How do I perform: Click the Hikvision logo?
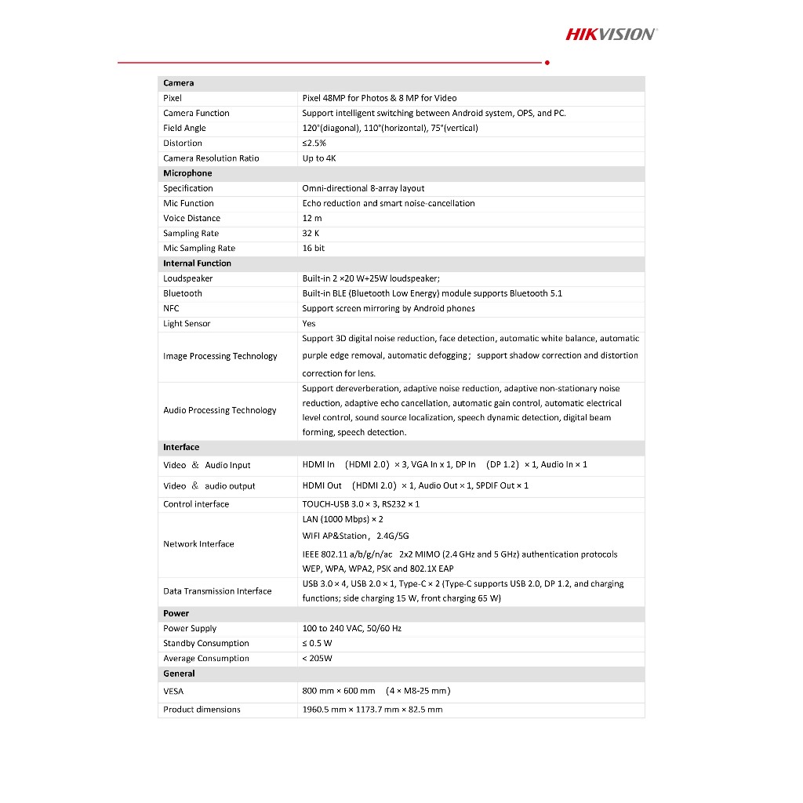pyautogui.click(x=611, y=34)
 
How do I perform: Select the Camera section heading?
pyautogui.click(x=179, y=83)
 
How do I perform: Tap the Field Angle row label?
pyautogui.click(x=184, y=128)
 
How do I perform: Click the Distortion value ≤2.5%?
pyautogui.click(x=314, y=144)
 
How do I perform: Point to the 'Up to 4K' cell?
pyautogui.click(x=319, y=158)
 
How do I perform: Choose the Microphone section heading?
pyautogui.click(x=187, y=173)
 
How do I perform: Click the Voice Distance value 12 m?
pyautogui.click(x=312, y=218)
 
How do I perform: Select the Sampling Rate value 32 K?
pyautogui.click(x=311, y=234)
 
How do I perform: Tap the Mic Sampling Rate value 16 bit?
pyautogui.click(x=314, y=249)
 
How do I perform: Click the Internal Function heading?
pyautogui.click(x=197, y=263)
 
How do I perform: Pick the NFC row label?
pyautogui.click(x=171, y=308)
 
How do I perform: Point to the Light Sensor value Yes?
pyautogui.click(x=309, y=324)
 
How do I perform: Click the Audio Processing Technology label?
pyautogui.click(x=220, y=410)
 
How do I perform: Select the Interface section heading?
pyautogui.click(x=181, y=448)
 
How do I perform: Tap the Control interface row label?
pyautogui.click(x=196, y=504)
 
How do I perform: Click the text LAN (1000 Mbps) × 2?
pyautogui.click(x=343, y=519)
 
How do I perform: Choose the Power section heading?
pyautogui.click(x=176, y=613)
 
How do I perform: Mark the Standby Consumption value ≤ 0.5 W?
pyautogui.click(x=317, y=644)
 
